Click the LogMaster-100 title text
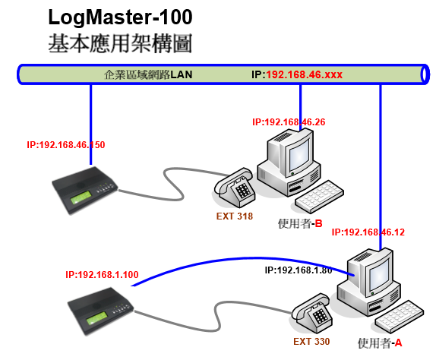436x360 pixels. coord(120,17)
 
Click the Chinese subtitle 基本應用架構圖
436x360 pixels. coord(120,43)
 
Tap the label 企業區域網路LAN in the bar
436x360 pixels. coord(148,74)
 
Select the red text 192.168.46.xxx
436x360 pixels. coord(304,74)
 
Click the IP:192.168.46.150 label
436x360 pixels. coord(66,145)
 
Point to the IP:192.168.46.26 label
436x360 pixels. coord(289,122)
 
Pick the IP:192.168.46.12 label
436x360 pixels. coord(368,232)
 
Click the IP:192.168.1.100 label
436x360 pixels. coord(102,275)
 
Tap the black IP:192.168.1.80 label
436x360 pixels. coord(299,270)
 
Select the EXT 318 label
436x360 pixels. coord(235,216)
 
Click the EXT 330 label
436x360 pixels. coord(311,341)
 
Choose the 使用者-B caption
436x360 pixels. coord(300,223)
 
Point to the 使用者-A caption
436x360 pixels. coord(380,343)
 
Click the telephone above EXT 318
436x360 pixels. coord(235,188)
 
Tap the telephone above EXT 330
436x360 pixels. coord(311,313)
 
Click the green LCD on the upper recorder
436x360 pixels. coord(81,198)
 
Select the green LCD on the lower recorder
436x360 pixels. coord(96,318)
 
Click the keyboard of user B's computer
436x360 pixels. coord(319,197)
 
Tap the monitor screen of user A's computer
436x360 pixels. coord(379,274)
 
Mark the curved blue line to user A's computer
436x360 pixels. coord(241,258)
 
